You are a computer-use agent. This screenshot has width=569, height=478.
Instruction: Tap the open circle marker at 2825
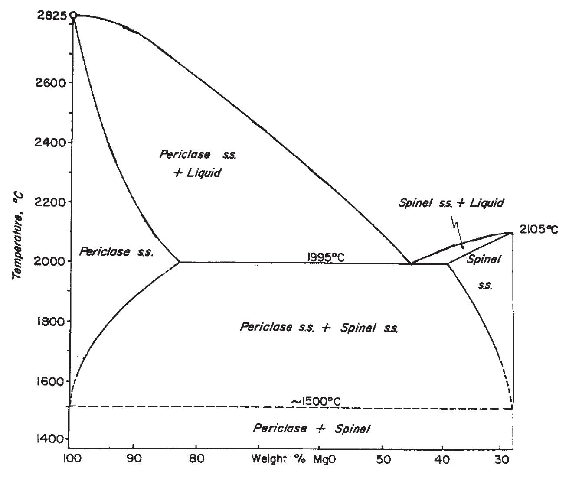(x=73, y=16)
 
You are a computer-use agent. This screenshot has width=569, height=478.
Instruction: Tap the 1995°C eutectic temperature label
(x=325, y=257)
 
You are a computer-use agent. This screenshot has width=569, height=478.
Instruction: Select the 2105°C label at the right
(x=539, y=229)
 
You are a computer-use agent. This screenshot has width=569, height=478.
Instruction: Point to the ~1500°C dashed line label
(x=315, y=401)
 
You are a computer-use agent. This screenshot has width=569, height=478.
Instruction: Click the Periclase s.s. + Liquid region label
(x=197, y=163)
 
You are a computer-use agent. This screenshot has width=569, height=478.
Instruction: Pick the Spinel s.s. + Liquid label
(x=451, y=203)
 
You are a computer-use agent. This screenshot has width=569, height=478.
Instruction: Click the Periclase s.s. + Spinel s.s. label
(x=319, y=328)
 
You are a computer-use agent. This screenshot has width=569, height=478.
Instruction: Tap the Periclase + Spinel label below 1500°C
(x=311, y=429)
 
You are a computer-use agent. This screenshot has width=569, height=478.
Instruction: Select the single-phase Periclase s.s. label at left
(x=116, y=252)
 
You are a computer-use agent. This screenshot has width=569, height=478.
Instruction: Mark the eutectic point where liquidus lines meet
(x=410, y=263)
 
